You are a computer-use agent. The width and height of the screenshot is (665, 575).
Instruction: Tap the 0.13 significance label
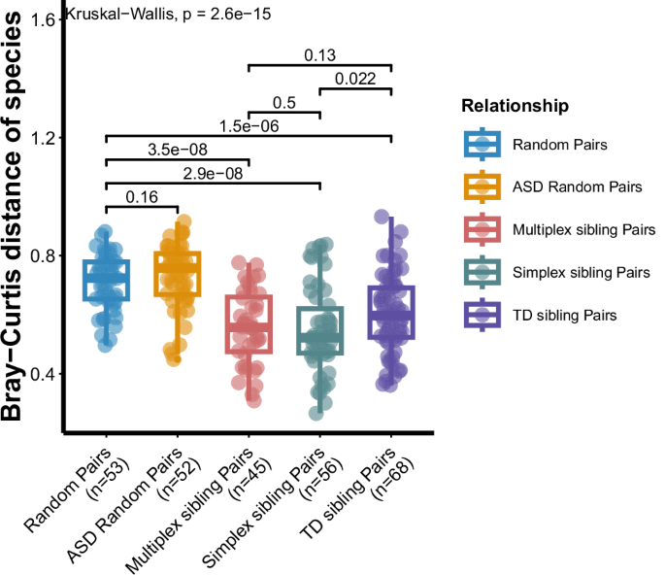[319, 55]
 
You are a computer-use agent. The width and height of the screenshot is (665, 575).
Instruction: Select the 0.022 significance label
[354, 80]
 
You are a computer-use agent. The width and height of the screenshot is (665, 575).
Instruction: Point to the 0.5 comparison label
[284, 103]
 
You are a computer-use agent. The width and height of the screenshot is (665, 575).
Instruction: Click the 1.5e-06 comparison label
[248, 126]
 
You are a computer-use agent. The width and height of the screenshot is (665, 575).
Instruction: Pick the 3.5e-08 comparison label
[177, 150]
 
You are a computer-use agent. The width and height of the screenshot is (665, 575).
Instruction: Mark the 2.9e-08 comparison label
[213, 173]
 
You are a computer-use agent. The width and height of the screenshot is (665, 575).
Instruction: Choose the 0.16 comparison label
[142, 197]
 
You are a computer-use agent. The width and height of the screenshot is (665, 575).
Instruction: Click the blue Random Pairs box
[106, 280]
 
